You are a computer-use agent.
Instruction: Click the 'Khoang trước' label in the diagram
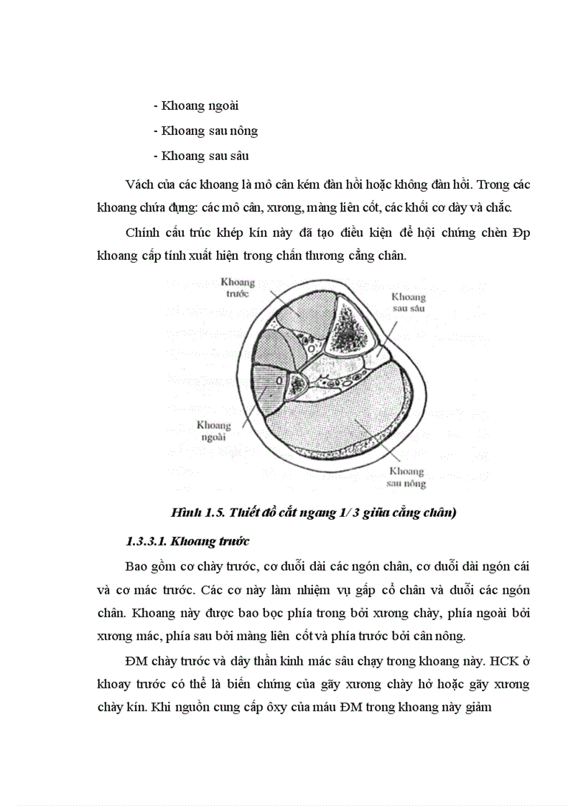[x=237, y=288]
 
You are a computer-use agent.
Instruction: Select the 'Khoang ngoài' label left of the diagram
[x=213, y=431]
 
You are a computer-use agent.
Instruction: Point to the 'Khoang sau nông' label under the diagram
[x=406, y=477]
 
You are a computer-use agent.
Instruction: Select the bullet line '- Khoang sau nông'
[x=205, y=131]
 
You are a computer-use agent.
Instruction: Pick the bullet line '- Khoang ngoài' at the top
[x=196, y=106]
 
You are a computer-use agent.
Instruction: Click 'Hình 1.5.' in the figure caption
[x=193, y=512]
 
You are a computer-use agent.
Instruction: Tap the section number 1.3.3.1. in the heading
[x=148, y=540]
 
